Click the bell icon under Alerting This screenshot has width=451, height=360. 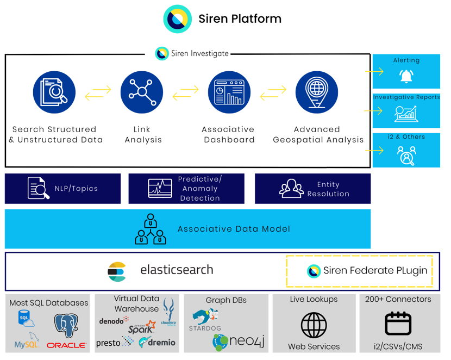coord(405,76)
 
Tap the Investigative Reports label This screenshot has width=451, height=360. coord(406,97)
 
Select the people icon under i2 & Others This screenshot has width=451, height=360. coord(405,156)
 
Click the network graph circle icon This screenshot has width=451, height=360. coord(141,92)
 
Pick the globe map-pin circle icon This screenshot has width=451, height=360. coord(316,92)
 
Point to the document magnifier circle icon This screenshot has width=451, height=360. coord(54,92)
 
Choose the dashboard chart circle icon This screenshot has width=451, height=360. coord(229,92)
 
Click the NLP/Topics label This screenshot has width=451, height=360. coord(76,189)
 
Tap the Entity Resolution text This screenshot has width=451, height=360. coord(328,189)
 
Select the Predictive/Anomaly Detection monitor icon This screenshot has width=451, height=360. coord(160,189)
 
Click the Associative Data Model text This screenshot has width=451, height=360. coord(234,229)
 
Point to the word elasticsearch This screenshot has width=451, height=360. coord(177,270)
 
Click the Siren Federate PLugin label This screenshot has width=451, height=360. coord(375,271)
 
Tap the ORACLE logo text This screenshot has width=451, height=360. coord(66,345)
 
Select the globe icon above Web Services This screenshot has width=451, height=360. coord(314,325)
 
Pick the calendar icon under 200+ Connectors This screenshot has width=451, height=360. coord(398,324)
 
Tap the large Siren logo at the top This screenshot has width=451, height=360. coord(177,19)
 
